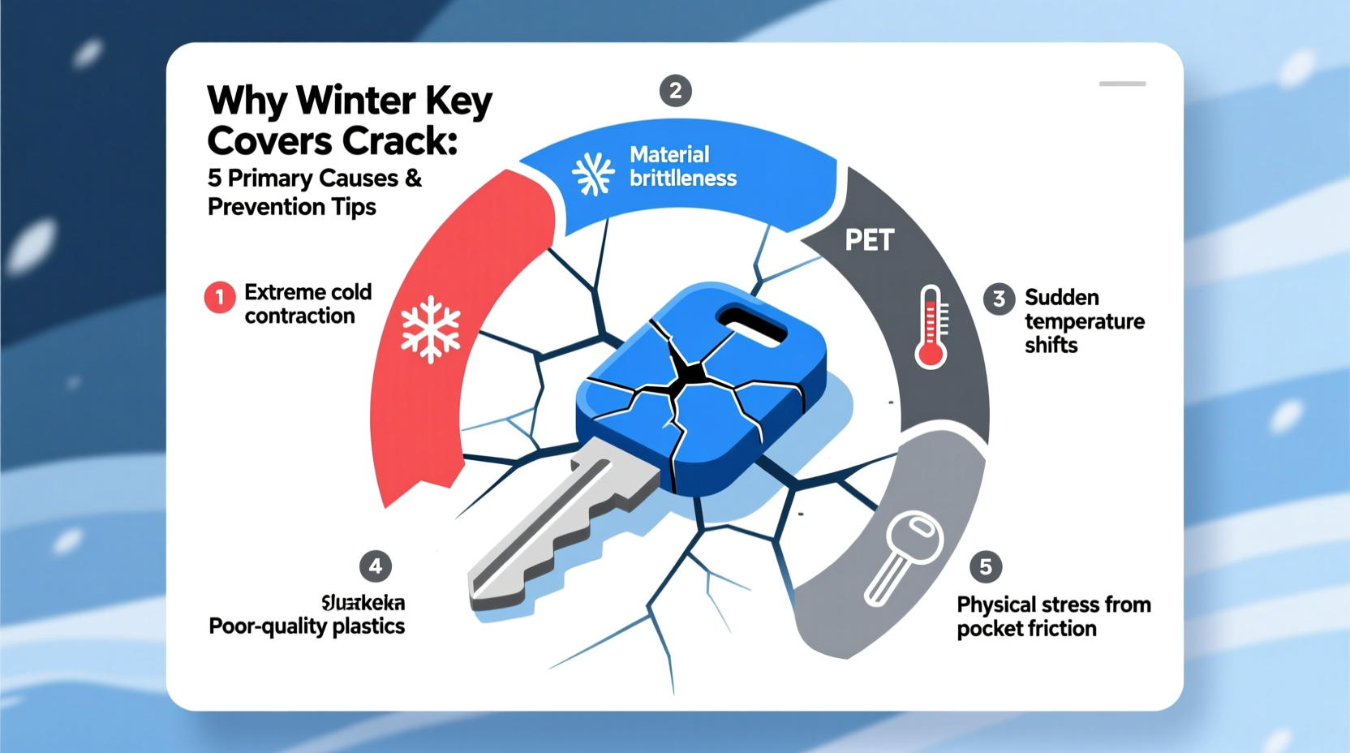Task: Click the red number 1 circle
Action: point(219,298)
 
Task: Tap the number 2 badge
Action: point(675,91)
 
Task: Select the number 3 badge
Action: point(999,299)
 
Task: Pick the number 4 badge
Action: point(375,566)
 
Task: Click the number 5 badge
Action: point(985,566)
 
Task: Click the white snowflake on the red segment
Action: point(431,329)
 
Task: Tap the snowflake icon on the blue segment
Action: point(593,174)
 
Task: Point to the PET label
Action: point(869,240)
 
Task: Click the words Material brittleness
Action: point(682,166)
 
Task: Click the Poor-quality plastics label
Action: point(307,626)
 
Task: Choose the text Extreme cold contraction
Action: point(307,303)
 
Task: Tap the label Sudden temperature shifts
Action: point(1083,321)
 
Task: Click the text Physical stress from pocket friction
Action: point(1053,617)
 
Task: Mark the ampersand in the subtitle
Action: point(413,179)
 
